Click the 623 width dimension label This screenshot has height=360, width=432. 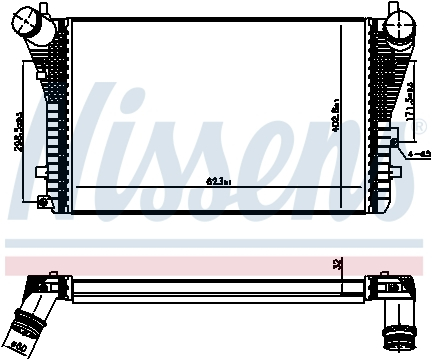pos(219,181)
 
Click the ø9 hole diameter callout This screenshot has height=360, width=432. pos(418,152)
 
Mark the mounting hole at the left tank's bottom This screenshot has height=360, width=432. pos(42,203)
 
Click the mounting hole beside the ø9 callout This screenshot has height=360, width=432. pos(397,152)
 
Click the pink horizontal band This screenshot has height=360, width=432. pos(216,265)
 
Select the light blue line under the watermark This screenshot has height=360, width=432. pos(216,242)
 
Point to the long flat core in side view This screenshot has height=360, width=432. pos(210,286)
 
